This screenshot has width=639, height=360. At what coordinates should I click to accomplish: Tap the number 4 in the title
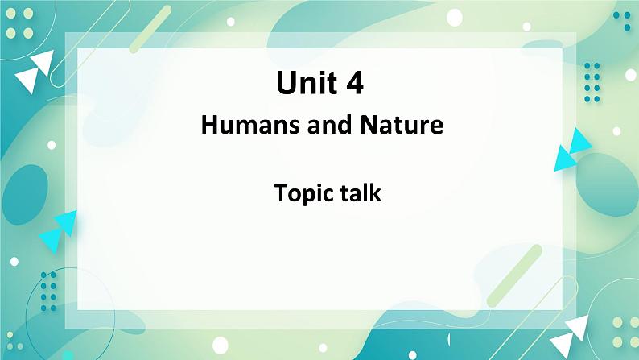point(355,83)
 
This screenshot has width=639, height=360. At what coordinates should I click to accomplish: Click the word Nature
point(402,125)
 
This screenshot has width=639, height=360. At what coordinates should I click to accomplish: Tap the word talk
point(361,192)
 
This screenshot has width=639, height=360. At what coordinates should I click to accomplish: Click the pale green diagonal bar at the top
point(150,29)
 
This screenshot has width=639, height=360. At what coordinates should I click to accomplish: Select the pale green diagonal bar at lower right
point(514,275)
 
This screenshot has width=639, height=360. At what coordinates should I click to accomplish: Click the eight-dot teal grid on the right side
point(592,82)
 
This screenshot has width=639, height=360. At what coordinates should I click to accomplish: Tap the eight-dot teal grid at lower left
point(48,292)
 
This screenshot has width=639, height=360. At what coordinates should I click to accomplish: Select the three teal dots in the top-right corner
point(622,20)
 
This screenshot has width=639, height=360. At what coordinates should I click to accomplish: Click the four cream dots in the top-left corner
point(19,23)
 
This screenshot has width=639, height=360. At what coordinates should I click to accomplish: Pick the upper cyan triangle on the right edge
point(580,141)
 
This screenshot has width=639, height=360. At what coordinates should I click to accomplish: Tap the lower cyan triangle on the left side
point(50,240)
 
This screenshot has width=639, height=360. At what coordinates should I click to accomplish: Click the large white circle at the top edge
point(455,18)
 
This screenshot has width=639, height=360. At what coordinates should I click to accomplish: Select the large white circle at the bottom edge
point(221,345)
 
